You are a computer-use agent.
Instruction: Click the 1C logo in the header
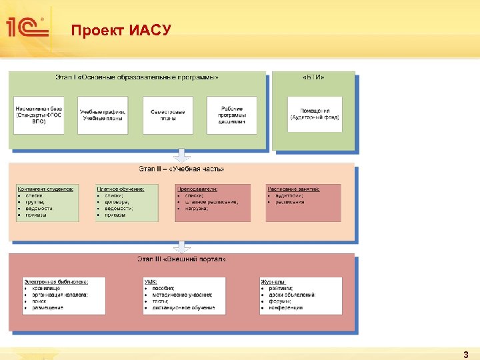25,27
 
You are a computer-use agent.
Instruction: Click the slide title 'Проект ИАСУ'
121,31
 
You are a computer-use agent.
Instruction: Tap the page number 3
465,355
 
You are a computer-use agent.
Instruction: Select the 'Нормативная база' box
39,115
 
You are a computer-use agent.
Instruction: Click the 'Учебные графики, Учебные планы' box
103,115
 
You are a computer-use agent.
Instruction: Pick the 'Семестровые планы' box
168,115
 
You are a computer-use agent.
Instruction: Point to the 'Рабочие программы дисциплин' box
231,115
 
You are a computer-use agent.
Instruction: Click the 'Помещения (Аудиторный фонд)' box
315,114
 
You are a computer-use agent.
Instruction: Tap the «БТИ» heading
313,77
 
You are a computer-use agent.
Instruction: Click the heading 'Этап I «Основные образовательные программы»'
136,77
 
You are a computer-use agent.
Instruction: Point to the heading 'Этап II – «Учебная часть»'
181,169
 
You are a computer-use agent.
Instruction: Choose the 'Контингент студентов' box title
45,189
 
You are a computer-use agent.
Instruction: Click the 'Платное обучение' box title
120,189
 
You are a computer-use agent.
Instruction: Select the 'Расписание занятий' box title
293,189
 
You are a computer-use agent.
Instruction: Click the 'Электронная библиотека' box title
56,281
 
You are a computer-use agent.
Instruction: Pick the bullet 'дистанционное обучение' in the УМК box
183,308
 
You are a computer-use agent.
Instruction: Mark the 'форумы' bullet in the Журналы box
279,301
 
